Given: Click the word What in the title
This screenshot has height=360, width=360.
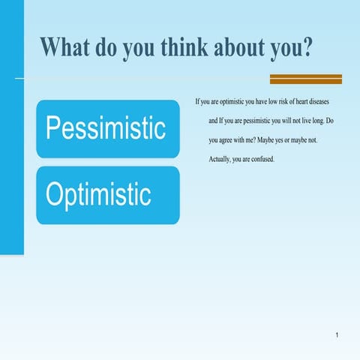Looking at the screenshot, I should pos(67,46).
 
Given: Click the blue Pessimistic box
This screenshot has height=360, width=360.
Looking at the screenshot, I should pos(107,128).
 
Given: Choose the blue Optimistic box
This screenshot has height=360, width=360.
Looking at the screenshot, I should pos(107,195).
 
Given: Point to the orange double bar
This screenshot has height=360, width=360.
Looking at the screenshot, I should pos(305,79).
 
